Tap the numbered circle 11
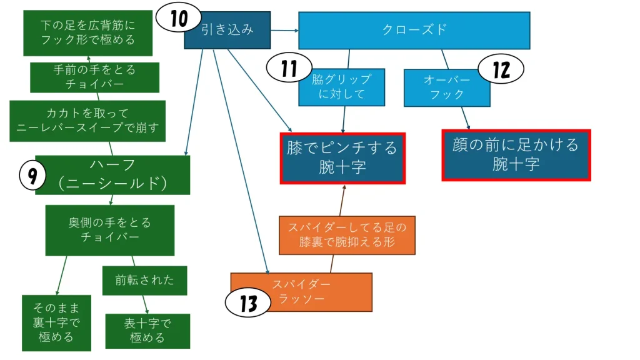pyautogui.click(x=288, y=67)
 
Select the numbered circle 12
pyautogui.click(x=501, y=69)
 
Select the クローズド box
pyautogui.click(x=414, y=30)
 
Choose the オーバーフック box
pyautogui.click(x=446, y=87)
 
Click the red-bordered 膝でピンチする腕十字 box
pyautogui.click(x=342, y=158)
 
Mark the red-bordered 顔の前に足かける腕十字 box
pyautogui.click(x=516, y=155)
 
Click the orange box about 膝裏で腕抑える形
pyautogui.click(x=347, y=235)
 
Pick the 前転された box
pyautogui.click(x=144, y=281)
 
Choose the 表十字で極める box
pyautogui.click(x=147, y=331)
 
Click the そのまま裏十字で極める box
pyautogui.click(x=56, y=322)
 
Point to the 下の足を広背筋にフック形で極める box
pyautogui.click(x=87, y=32)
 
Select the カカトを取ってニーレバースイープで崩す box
pyautogui.click(x=87, y=121)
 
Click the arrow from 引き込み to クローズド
pyautogui.click(x=284, y=29)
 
